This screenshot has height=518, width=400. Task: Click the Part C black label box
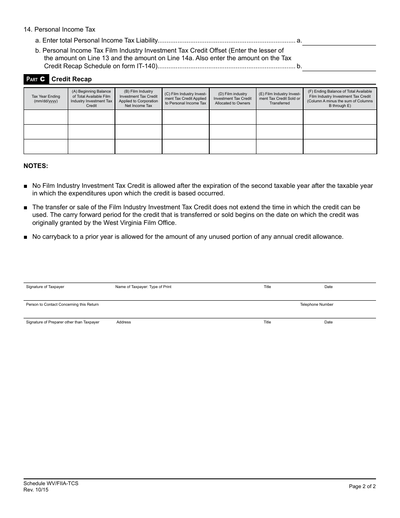click(x=36, y=79)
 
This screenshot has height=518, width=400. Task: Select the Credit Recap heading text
click(x=72, y=79)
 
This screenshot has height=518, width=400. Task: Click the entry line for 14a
click(x=339, y=41)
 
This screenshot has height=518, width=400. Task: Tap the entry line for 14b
click(x=339, y=66)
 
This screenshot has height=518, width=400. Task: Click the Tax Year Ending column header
click(x=46, y=99)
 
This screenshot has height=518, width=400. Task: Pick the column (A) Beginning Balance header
click(x=91, y=99)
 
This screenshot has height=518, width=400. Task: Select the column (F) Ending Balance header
click(x=340, y=99)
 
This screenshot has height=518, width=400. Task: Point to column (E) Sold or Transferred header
click(x=280, y=99)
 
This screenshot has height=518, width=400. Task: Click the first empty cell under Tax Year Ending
click(x=46, y=117)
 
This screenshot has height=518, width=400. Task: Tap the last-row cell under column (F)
click(x=340, y=147)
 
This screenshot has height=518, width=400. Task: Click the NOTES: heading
click(x=36, y=166)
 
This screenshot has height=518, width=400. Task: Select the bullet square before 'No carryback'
click(x=26, y=237)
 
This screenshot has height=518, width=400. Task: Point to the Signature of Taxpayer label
click(x=45, y=287)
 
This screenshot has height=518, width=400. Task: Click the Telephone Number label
click(x=317, y=304)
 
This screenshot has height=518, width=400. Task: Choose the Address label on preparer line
click(x=124, y=322)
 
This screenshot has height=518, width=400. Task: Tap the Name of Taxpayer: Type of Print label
click(x=143, y=287)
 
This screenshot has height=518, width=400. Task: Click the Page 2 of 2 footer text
click(x=362, y=486)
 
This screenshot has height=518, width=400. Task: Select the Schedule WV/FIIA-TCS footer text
click(x=51, y=483)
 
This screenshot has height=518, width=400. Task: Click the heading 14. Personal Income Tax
click(x=60, y=29)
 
